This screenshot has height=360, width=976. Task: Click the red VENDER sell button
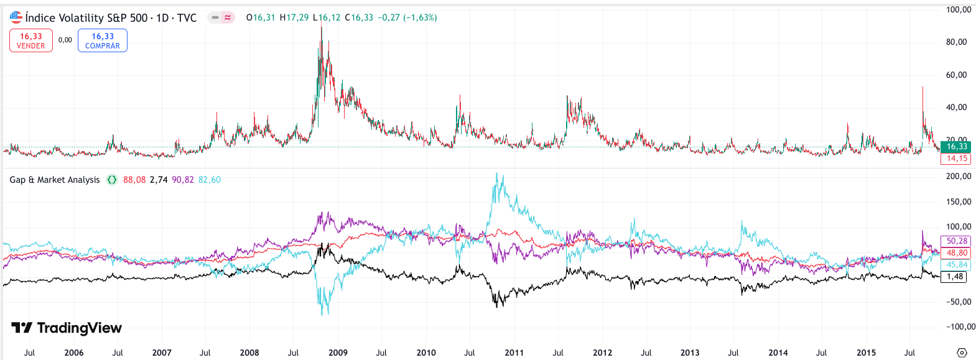(31, 40)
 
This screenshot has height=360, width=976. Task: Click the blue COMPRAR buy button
(103, 40)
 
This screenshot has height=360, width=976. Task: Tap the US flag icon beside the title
(16, 17)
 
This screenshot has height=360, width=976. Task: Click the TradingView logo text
(67, 328)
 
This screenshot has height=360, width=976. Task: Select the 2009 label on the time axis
(338, 353)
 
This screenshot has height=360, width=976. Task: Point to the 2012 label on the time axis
(602, 353)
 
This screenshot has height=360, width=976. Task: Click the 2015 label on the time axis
(866, 353)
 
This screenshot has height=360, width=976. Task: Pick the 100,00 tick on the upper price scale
(958, 10)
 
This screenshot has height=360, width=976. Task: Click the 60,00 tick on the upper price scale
(958, 75)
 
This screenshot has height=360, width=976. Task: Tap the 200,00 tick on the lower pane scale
(958, 177)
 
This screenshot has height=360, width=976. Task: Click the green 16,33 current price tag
(956, 147)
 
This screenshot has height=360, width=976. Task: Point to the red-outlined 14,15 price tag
(956, 159)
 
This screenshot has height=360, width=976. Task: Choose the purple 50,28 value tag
(956, 241)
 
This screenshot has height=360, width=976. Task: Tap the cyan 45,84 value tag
(956, 265)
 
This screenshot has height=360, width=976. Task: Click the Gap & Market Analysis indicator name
(55, 180)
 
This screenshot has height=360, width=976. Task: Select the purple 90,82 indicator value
(182, 180)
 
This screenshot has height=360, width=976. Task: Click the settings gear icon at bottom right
(962, 353)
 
